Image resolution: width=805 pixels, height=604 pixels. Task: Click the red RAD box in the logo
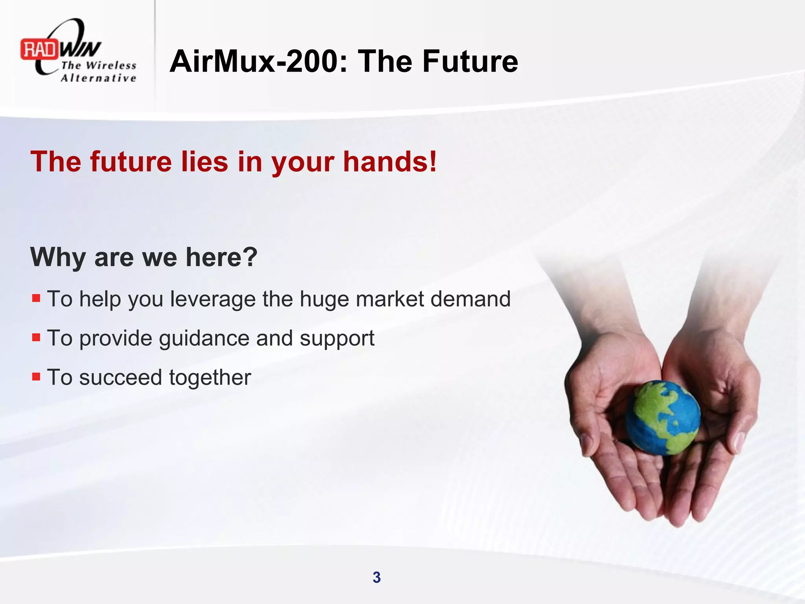coord(39,50)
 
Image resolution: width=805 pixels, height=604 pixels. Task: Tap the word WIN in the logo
coord(80,50)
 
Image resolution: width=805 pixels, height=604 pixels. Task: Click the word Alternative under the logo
coord(99,78)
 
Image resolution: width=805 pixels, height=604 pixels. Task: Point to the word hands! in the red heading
coord(390,162)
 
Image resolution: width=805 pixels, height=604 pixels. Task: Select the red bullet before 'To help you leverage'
coord(36,298)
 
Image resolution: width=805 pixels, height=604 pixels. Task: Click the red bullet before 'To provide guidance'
coord(36,337)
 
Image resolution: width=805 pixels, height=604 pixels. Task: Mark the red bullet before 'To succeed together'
coord(36,377)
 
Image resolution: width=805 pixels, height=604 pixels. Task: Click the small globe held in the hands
coord(663,417)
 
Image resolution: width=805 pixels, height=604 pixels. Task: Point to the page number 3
coord(377,577)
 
